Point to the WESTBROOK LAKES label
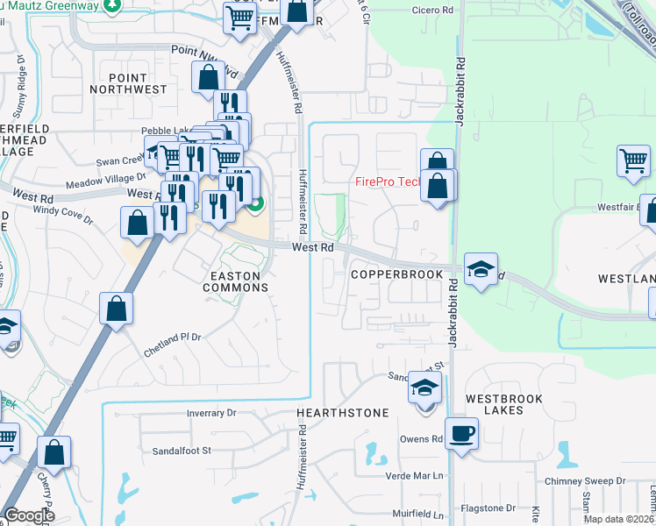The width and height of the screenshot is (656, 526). coord(504,404)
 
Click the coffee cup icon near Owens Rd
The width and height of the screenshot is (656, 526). coord(461,432)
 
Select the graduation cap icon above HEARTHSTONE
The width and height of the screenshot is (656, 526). coord(424,387)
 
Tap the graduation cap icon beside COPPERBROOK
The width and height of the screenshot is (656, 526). coord(481,269)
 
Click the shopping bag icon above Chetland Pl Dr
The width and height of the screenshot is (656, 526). coord(117,309)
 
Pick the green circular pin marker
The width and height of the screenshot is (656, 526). coord(255,207)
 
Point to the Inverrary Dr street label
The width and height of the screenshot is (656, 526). coord(211,413)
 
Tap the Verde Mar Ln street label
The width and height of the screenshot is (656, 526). coord(416,476)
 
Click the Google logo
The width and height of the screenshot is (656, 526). coord(31,515)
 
